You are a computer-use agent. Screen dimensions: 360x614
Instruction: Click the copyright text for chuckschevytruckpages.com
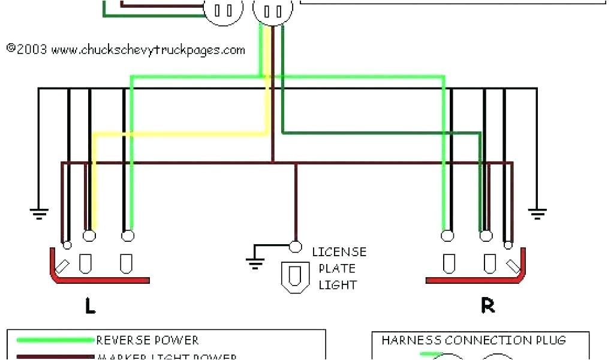126,50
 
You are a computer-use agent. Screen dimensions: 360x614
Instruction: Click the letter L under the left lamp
90,307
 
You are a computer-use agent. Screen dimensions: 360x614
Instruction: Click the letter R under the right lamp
488,306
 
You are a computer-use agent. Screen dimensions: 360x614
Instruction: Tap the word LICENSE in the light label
339,252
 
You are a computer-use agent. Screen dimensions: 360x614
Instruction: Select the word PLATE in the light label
337,268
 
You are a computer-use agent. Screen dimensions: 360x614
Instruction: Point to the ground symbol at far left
39,212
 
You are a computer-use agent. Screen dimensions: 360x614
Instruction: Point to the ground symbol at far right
537,212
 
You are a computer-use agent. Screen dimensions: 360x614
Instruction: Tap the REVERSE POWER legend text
148,341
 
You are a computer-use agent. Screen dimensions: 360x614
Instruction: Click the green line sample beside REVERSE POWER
56,341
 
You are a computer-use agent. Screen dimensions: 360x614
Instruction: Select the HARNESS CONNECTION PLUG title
474,341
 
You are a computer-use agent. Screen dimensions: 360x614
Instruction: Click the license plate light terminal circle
295,246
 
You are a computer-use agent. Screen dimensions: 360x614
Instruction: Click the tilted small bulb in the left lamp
64,265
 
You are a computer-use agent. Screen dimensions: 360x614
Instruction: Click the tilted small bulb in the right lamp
513,265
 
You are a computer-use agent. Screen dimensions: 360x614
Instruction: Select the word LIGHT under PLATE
337,285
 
